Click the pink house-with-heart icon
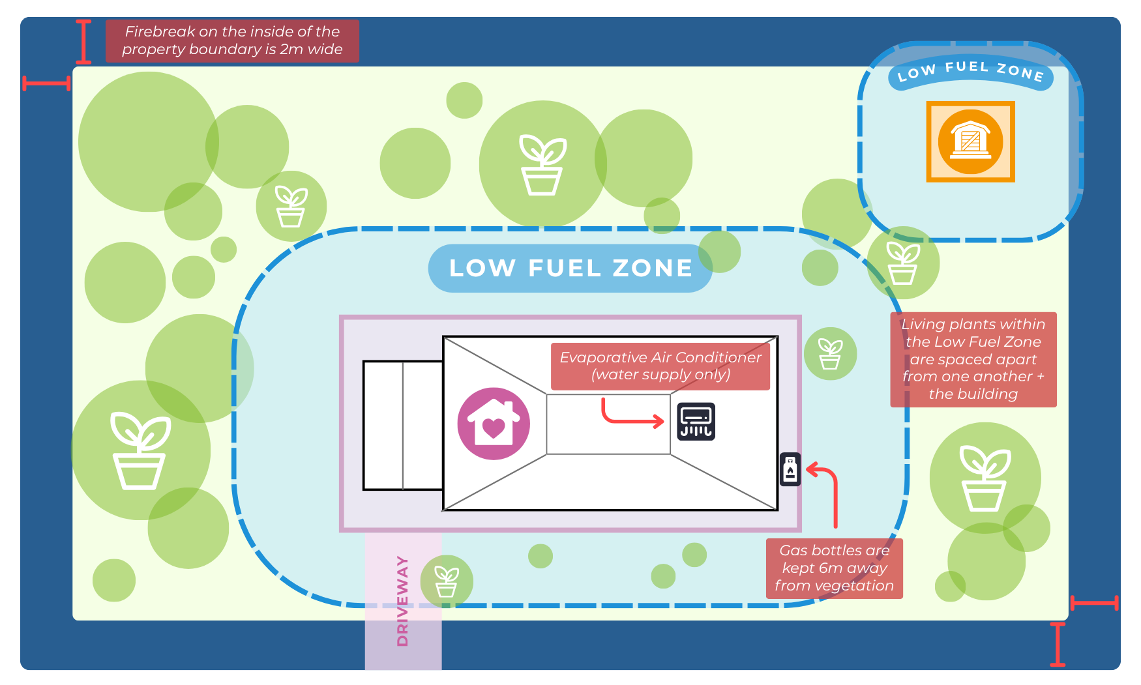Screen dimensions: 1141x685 [x=494, y=424]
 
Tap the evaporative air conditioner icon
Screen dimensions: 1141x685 [x=696, y=422]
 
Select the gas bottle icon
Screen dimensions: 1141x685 [x=790, y=469]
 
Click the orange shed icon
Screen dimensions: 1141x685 [x=971, y=141]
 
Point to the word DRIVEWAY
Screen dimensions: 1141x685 [x=402, y=601]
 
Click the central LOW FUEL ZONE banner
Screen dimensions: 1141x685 [x=570, y=268]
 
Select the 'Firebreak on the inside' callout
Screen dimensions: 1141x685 [x=232, y=40]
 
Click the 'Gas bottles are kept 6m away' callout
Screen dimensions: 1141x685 [x=835, y=568]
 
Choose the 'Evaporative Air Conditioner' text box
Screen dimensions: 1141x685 [x=660, y=366]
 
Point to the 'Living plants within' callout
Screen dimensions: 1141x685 [x=973, y=359]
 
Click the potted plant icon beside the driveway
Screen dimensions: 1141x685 [x=447, y=581]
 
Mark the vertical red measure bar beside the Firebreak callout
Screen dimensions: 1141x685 [x=83, y=41]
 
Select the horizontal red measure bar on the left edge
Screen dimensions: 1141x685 [x=46, y=83]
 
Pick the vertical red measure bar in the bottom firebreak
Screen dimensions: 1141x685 [x=1058, y=645]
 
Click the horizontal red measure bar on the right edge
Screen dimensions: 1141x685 [x=1095, y=603]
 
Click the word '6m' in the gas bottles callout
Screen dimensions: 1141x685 [x=831, y=568]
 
